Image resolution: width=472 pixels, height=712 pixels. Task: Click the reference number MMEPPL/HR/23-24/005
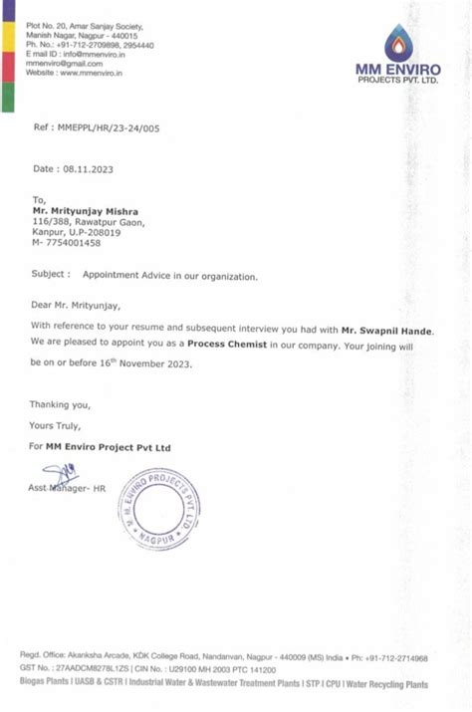110,128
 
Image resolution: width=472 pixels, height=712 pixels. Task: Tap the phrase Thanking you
61,404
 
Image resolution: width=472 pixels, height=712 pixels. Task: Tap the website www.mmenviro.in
87,73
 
